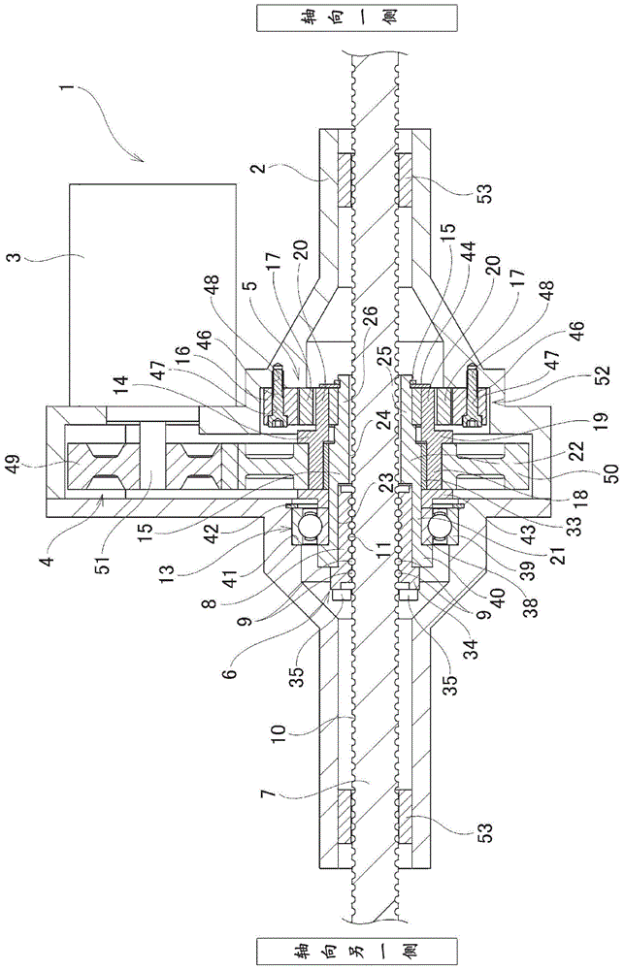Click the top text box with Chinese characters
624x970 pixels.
tap(356, 17)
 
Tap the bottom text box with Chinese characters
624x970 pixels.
tap(356, 950)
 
